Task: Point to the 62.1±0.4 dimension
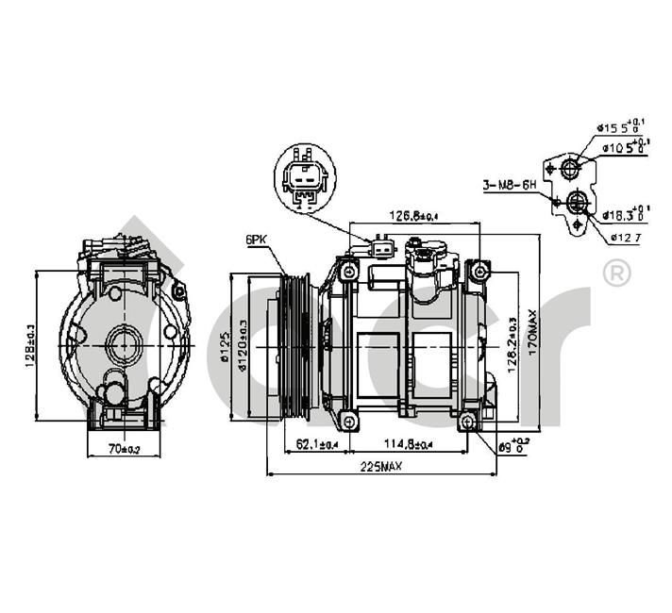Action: click(316, 442)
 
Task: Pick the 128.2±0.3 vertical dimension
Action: click(511, 345)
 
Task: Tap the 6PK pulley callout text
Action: click(256, 240)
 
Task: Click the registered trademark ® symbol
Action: click(615, 273)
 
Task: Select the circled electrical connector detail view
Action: click(303, 180)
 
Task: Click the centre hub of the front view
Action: click(121, 345)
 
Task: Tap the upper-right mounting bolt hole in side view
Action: click(480, 272)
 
